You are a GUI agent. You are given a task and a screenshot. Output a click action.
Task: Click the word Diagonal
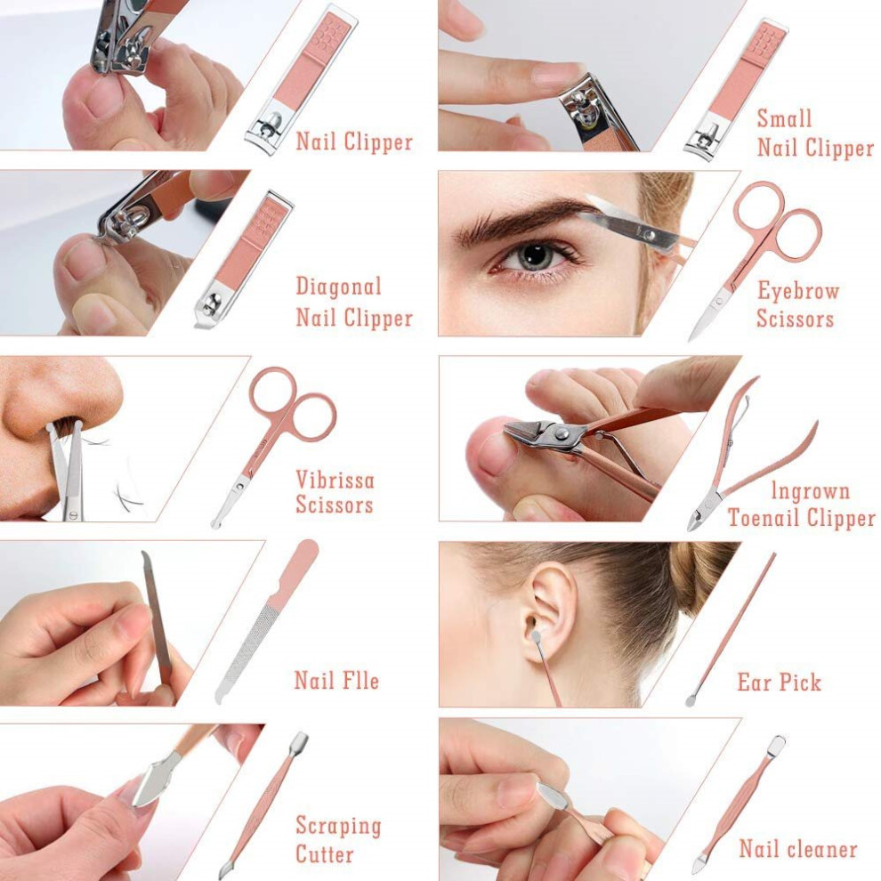tap(338, 287)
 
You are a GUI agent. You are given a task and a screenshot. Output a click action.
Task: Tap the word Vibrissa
tap(335, 480)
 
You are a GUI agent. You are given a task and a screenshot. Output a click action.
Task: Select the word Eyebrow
tap(798, 291)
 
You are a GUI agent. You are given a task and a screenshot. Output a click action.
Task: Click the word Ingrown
tap(810, 491)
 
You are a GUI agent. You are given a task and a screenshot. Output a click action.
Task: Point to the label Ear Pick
tap(780, 682)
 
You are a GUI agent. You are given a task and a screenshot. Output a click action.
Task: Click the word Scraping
tap(338, 826)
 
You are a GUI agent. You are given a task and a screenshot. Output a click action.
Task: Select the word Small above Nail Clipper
tap(784, 118)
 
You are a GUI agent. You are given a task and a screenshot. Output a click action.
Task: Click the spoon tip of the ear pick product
tap(691, 700)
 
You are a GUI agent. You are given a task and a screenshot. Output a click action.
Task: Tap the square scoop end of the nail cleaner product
tap(778, 744)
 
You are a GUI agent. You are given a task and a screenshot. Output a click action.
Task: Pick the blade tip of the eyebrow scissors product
tap(691, 337)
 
